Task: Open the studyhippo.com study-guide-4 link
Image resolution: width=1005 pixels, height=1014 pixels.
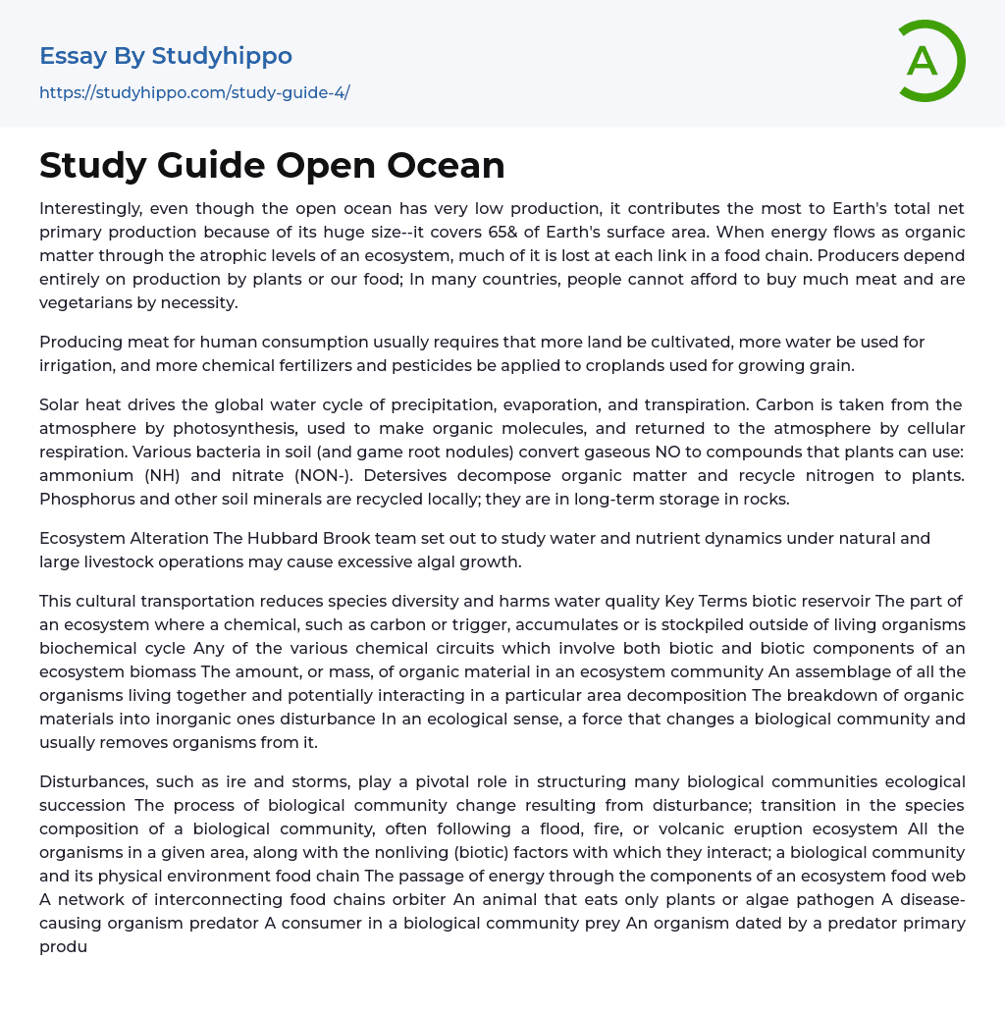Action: (194, 92)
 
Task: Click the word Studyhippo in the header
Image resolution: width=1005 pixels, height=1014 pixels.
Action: (222, 56)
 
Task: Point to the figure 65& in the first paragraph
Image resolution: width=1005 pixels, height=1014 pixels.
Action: (614, 232)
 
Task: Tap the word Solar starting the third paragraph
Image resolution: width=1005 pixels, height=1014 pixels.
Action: (62, 404)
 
